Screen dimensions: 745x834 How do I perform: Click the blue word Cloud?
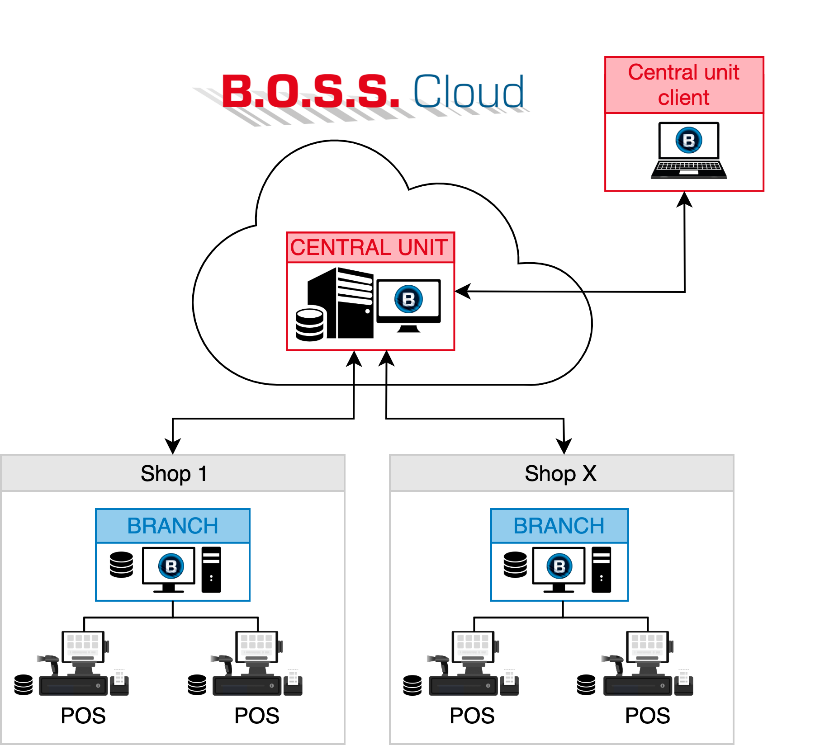click(x=469, y=92)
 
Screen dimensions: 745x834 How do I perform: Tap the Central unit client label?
click(x=683, y=85)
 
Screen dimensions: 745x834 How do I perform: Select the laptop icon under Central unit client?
click(x=688, y=151)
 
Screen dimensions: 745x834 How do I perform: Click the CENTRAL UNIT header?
click(x=370, y=248)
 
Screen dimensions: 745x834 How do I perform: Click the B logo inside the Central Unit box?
click(x=408, y=299)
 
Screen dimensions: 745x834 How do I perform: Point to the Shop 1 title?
click(x=174, y=474)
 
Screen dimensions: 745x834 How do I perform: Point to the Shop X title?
click(x=560, y=474)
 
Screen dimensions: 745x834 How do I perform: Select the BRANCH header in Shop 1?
click(x=173, y=526)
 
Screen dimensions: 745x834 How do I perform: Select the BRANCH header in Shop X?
click(x=559, y=526)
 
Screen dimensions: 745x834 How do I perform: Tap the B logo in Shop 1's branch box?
click(x=171, y=566)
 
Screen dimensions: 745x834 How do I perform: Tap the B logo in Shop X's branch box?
click(x=559, y=566)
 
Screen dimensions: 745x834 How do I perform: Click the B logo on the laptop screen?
click(x=688, y=140)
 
